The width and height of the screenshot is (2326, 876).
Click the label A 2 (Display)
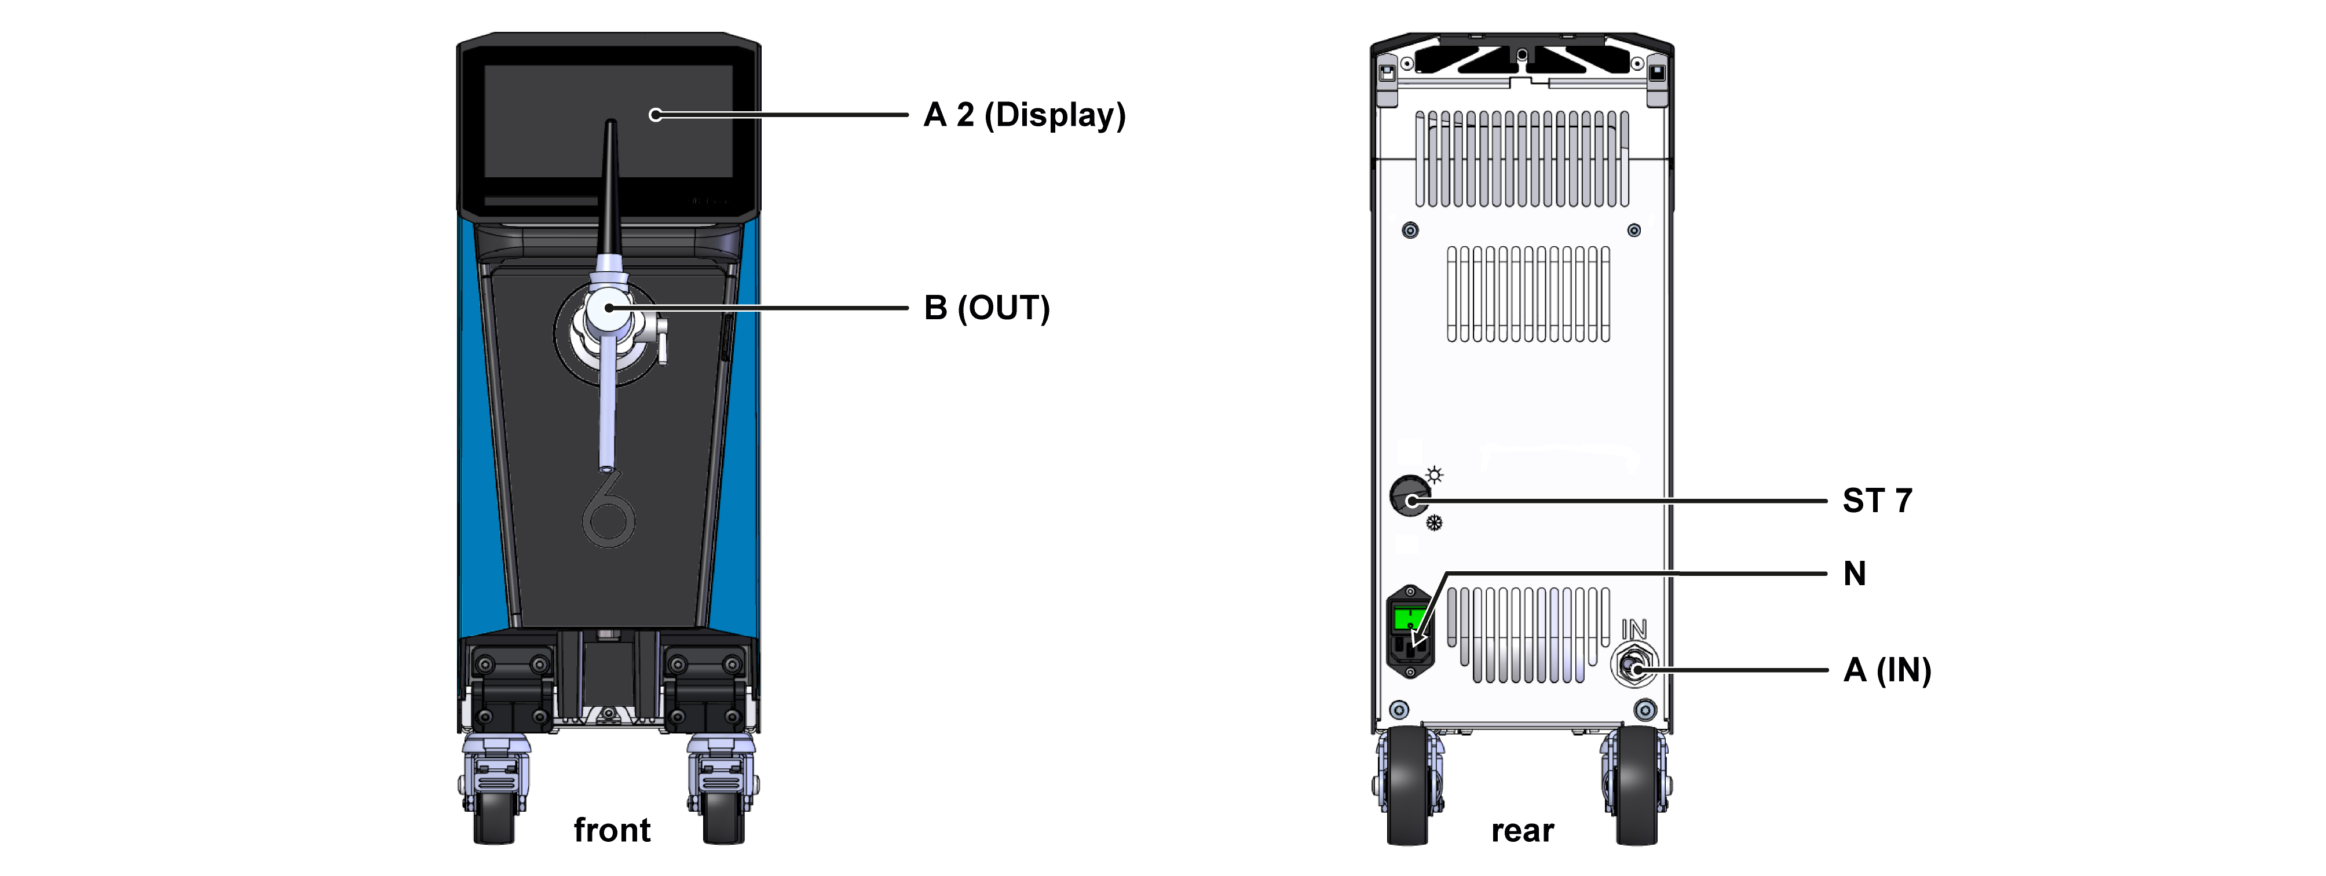point(1024,116)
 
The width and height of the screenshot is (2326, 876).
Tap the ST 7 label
point(1877,501)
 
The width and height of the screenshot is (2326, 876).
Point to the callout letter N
point(1854,574)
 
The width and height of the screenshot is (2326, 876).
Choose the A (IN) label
point(1886,671)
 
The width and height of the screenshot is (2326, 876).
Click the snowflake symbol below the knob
point(1434,523)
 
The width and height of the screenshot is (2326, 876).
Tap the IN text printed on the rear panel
point(1633,629)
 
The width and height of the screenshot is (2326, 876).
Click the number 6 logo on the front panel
point(609,510)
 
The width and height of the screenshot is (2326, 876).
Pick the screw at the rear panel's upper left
point(1410,230)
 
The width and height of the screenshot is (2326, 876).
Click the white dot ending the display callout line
point(656,115)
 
